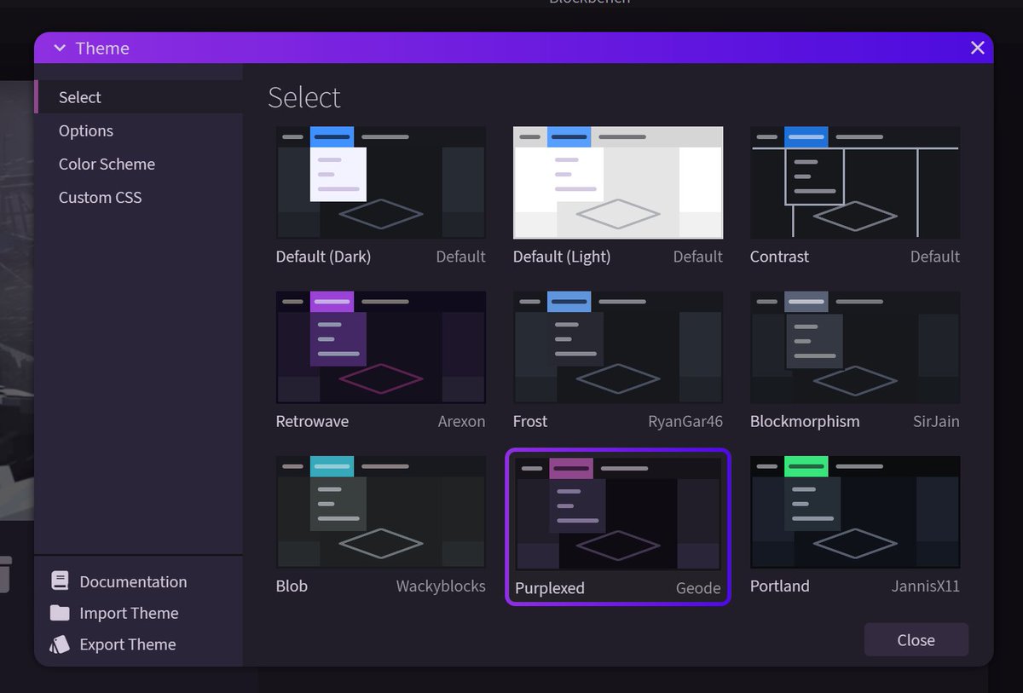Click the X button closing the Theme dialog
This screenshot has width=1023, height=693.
(x=977, y=49)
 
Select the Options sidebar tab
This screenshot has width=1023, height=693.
(x=86, y=130)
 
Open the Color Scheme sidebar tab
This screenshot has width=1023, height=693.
(x=107, y=164)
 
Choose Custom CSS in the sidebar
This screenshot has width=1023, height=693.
(x=100, y=197)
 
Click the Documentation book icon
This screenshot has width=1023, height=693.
(x=60, y=581)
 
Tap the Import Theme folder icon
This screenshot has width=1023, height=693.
(x=60, y=613)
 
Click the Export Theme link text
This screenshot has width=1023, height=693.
(x=127, y=644)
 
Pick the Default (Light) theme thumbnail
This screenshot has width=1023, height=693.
(x=618, y=183)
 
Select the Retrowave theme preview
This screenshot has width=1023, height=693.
(x=381, y=347)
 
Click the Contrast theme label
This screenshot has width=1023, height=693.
(x=779, y=257)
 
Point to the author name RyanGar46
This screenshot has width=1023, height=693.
(x=685, y=421)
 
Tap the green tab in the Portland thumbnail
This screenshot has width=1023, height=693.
(x=806, y=466)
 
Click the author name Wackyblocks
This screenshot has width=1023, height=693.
(x=441, y=586)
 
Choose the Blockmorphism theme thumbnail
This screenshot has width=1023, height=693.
(x=855, y=347)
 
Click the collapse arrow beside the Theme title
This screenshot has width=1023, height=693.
(x=60, y=49)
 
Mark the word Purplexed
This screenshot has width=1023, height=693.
(x=550, y=588)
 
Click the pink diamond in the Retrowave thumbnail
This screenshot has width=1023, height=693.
(x=381, y=377)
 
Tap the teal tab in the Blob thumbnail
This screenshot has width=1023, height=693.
(x=332, y=466)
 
